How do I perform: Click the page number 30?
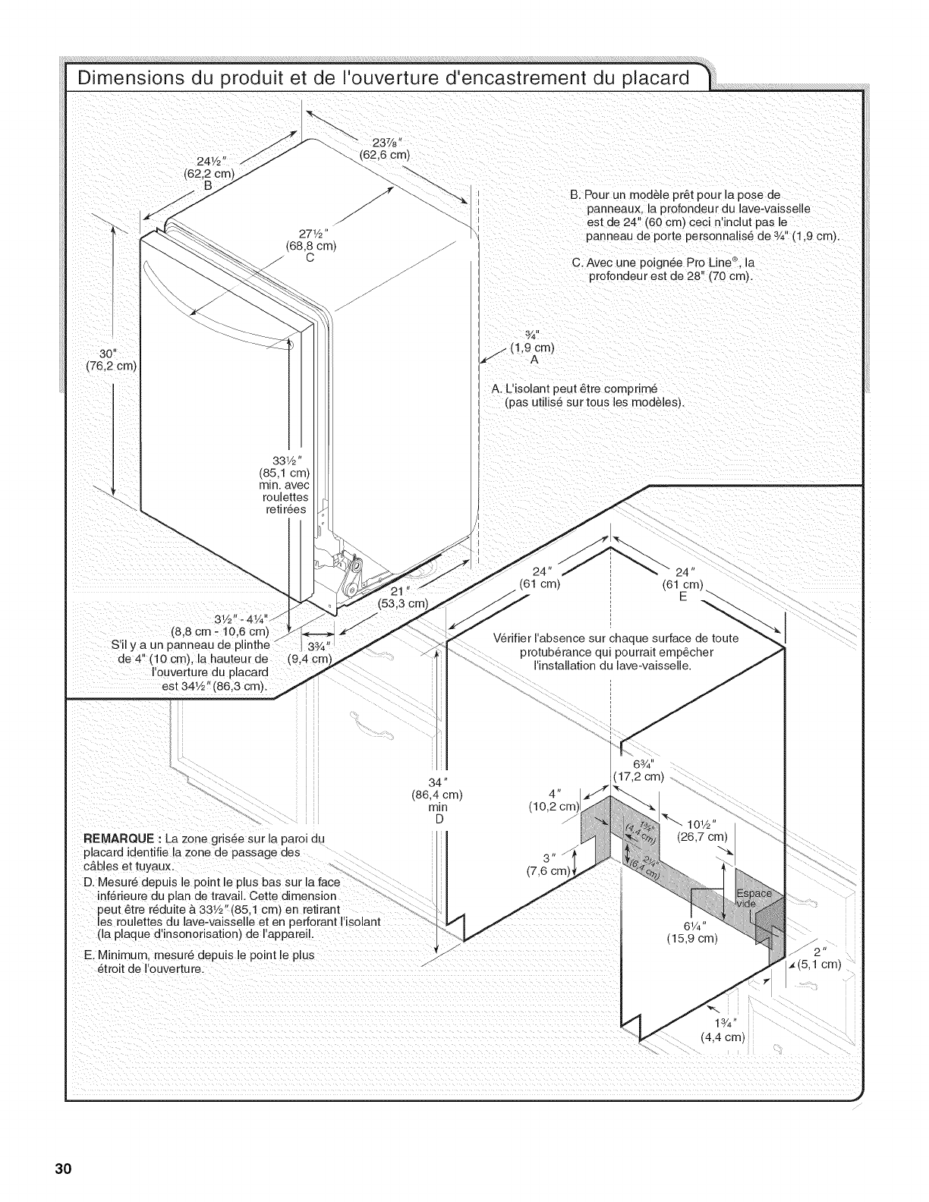tap(62, 1168)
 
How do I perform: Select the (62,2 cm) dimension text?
tap(209, 172)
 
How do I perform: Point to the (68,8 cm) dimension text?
tap(310, 245)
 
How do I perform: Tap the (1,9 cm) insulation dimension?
tap(532, 348)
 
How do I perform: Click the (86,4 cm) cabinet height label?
tap(436, 795)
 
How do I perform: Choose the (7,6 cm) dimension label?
tap(548, 870)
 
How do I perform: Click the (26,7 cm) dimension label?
tap(702, 837)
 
